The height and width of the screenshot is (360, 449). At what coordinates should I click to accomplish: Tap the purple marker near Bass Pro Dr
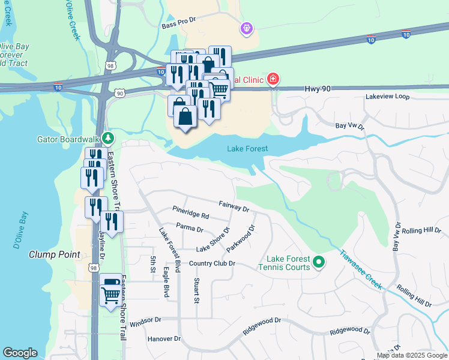point(246,28)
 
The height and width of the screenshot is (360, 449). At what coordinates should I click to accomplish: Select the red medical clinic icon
point(273,79)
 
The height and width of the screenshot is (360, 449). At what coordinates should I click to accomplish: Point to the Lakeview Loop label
point(387,96)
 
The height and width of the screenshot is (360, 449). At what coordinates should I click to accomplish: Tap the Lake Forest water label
point(247,149)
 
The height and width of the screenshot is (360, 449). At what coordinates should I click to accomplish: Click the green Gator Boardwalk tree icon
point(107,139)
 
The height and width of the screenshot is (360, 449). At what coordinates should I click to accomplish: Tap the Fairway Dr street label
point(234,207)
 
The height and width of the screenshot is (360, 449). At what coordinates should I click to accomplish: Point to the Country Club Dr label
point(212,263)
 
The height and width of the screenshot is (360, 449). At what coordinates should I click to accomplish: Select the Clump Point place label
point(55,254)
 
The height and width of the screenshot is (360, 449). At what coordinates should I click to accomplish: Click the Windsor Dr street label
point(146,322)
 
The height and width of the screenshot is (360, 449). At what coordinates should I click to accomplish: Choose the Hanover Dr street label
point(164,339)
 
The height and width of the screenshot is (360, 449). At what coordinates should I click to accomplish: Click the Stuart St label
point(196,290)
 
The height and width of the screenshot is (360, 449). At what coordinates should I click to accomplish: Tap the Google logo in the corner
point(20,353)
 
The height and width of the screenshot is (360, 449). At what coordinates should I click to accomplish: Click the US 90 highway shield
point(120,93)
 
